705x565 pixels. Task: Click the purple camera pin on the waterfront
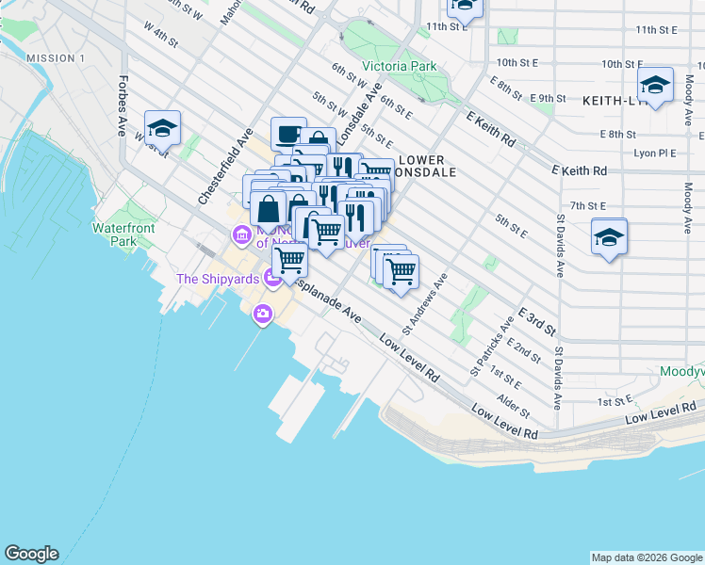(262, 315)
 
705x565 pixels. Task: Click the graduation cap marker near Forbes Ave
(162, 126)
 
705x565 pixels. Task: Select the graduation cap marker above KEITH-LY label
(655, 85)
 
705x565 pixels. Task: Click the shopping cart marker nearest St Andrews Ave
(402, 271)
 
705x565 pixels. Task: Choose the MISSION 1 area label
(56, 58)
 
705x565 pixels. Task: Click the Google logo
(31, 554)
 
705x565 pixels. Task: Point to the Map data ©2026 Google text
(646, 557)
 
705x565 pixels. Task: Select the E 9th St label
(548, 98)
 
